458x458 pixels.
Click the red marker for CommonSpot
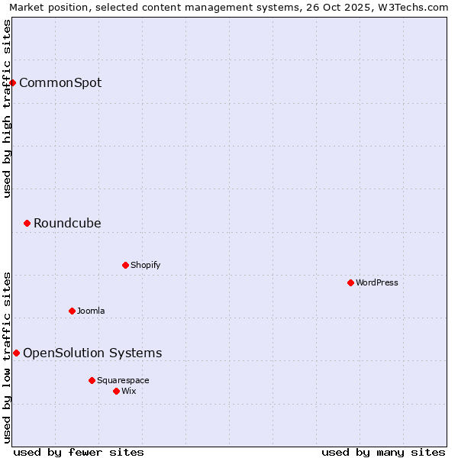[13, 82]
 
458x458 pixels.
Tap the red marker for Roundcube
[27, 223]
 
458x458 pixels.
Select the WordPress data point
[350, 282]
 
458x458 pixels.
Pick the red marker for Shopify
[125, 265]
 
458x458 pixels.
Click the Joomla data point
[72, 311]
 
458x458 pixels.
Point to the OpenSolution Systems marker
[16, 353]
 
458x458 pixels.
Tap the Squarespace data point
[92, 380]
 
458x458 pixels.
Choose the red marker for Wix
[116, 391]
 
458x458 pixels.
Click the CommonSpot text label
[60, 82]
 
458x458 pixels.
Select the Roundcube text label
[67, 223]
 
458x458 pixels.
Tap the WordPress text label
[377, 282]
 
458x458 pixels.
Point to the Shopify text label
[145, 265]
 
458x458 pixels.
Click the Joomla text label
[91, 311]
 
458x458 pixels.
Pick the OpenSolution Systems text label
[92, 353]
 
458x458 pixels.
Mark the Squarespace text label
[123, 380]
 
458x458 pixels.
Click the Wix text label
[129, 391]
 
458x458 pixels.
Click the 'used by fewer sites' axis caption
[79, 452]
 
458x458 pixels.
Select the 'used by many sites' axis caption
[383, 452]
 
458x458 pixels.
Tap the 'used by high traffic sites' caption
[7, 108]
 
